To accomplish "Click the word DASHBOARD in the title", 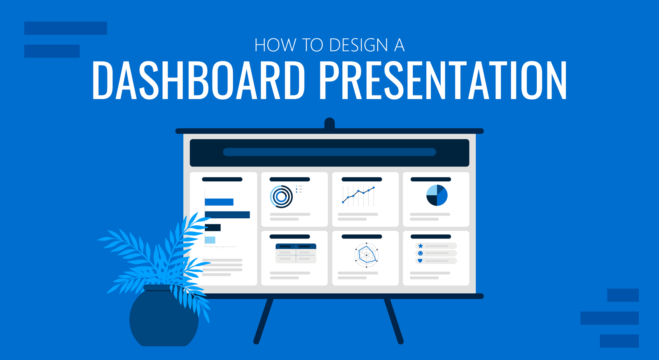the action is point(199,80).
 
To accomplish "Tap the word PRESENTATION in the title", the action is point(443,80).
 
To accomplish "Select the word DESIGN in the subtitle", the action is point(359,45).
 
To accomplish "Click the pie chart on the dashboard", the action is point(437,195).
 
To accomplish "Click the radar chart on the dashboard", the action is point(366,255).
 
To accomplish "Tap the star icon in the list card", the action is point(421,246).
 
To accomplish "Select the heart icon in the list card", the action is point(420,261).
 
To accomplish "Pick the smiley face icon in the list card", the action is point(421,253).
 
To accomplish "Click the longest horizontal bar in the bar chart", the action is point(227,215).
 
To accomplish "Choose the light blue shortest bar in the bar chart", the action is point(210,240).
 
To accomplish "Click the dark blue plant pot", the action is point(164,316).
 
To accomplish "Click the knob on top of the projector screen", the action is point(329,123).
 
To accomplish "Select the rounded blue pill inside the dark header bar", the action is point(329,152).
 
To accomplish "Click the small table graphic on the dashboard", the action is point(296,253).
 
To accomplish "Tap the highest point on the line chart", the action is point(374,188).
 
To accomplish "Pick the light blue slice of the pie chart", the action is point(432,190).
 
